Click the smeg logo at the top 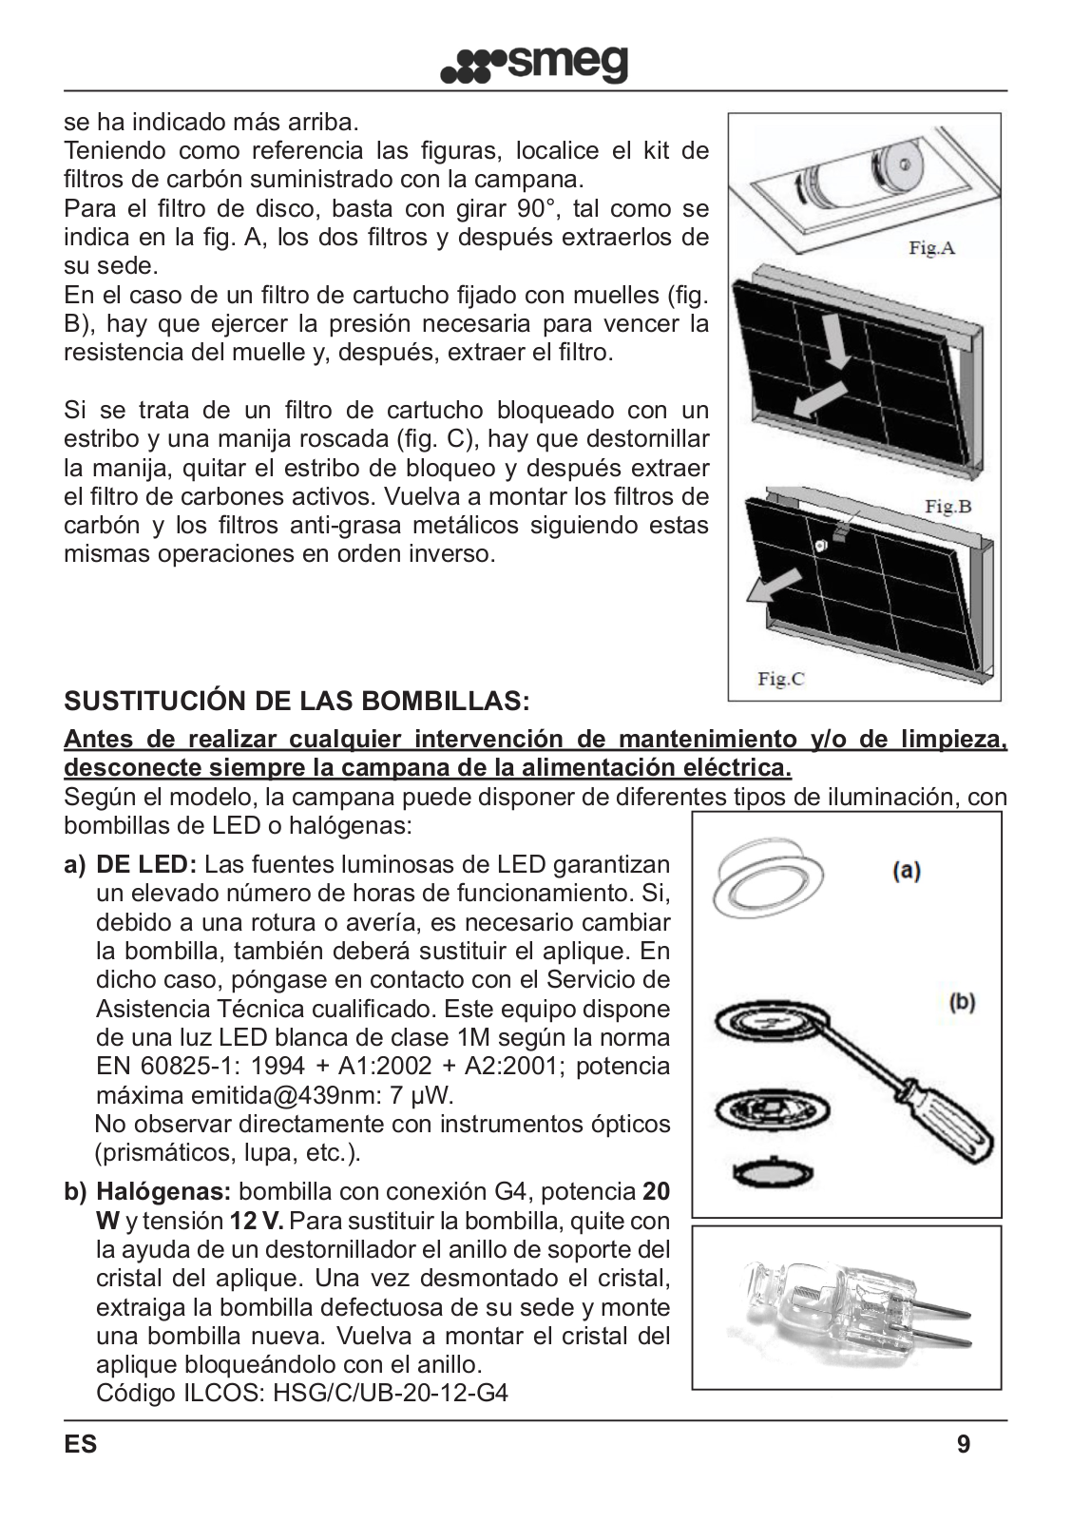point(535,65)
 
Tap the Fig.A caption point(931,249)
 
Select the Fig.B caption point(948,506)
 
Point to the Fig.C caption point(780,679)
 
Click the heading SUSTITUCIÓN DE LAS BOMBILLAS point(297,703)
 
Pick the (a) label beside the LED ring point(906,869)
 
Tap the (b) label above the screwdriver point(962,1002)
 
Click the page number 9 point(964,1445)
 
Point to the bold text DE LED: point(146,865)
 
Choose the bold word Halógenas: point(163,1192)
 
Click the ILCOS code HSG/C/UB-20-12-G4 point(390,1394)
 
